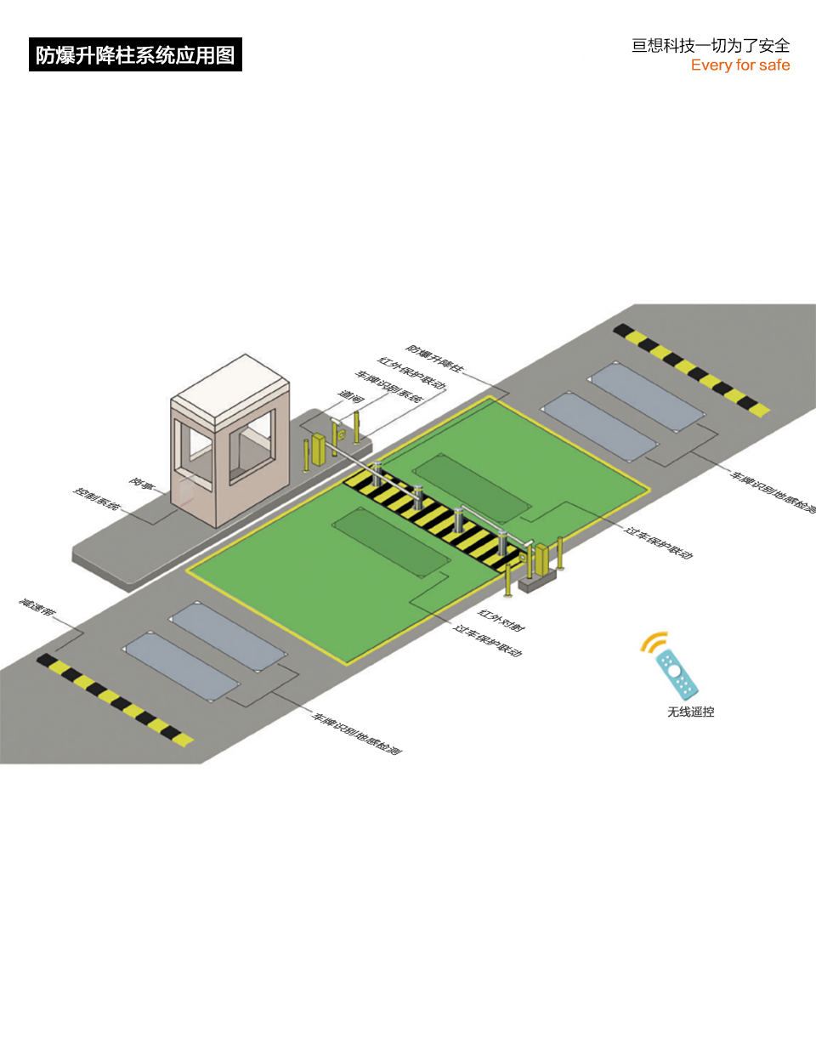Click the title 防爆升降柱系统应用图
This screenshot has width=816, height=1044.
(x=135, y=55)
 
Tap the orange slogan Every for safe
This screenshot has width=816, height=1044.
(x=739, y=65)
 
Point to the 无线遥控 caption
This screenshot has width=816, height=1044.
(x=690, y=712)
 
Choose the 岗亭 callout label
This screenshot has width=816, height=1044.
(x=142, y=484)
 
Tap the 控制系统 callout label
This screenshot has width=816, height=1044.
(x=96, y=498)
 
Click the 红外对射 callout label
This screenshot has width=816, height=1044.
(x=501, y=620)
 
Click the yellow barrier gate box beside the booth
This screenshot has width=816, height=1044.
(x=320, y=448)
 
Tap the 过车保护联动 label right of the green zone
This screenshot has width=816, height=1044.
(x=659, y=542)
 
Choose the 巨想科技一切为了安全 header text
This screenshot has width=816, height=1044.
(x=711, y=46)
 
